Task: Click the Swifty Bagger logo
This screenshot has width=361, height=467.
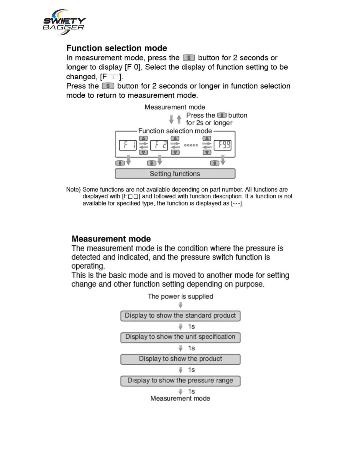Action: click(x=64, y=22)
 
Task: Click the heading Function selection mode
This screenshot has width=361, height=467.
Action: click(x=116, y=48)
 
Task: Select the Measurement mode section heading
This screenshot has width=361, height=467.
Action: click(x=111, y=239)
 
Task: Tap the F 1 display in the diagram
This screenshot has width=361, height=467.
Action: click(x=128, y=145)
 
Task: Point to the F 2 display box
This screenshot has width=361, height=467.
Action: click(x=159, y=145)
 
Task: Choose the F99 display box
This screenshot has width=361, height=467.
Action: click(x=223, y=145)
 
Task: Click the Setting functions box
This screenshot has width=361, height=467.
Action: click(x=175, y=174)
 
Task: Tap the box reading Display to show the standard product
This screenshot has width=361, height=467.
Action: click(x=180, y=316)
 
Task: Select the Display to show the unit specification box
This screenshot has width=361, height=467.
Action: click(x=180, y=337)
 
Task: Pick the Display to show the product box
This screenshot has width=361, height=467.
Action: click(x=180, y=359)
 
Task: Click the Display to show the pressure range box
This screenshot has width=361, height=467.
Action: click(x=180, y=381)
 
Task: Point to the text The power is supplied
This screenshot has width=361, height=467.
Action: click(x=180, y=296)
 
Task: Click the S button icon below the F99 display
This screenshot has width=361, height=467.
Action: click(x=214, y=163)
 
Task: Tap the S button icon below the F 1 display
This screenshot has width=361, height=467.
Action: click(x=120, y=163)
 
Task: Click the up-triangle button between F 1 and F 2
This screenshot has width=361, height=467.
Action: click(x=143, y=138)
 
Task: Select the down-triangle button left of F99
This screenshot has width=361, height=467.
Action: click(x=207, y=152)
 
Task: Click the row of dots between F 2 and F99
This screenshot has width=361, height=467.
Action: click(x=191, y=145)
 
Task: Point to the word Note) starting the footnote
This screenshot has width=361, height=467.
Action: click(x=73, y=190)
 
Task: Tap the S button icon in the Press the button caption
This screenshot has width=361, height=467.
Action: click(x=222, y=115)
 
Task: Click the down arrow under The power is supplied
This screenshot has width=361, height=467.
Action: click(x=180, y=305)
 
